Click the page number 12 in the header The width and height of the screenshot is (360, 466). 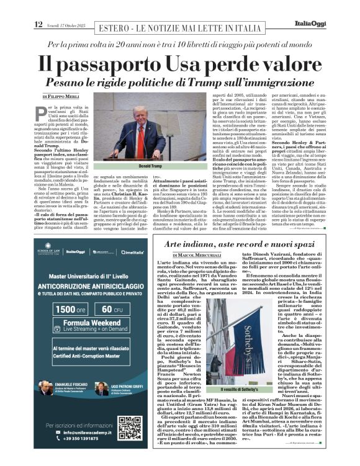(x=38, y=7)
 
